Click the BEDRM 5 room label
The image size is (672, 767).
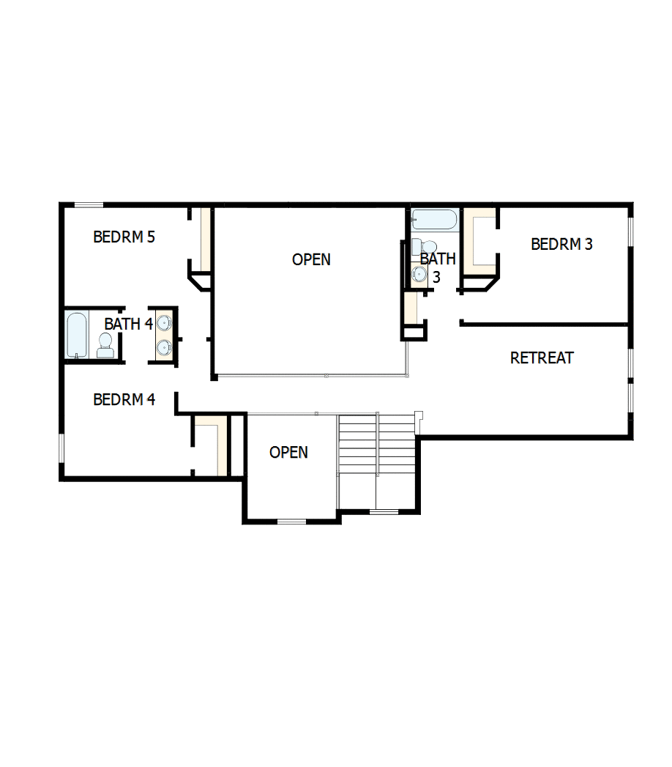(124, 237)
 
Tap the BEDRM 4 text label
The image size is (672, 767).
(124, 400)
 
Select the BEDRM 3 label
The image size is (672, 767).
(561, 245)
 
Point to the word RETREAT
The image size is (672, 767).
(542, 358)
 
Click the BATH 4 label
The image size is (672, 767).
(128, 324)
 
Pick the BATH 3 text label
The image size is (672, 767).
(438, 267)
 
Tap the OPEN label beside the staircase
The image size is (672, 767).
(288, 453)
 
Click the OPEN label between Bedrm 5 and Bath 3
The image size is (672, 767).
(311, 259)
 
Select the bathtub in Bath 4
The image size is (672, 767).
(76, 335)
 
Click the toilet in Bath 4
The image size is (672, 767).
(105, 344)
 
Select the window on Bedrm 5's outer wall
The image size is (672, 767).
(89, 204)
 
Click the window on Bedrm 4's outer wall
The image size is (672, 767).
(61, 448)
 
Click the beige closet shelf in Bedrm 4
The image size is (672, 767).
(219, 443)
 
